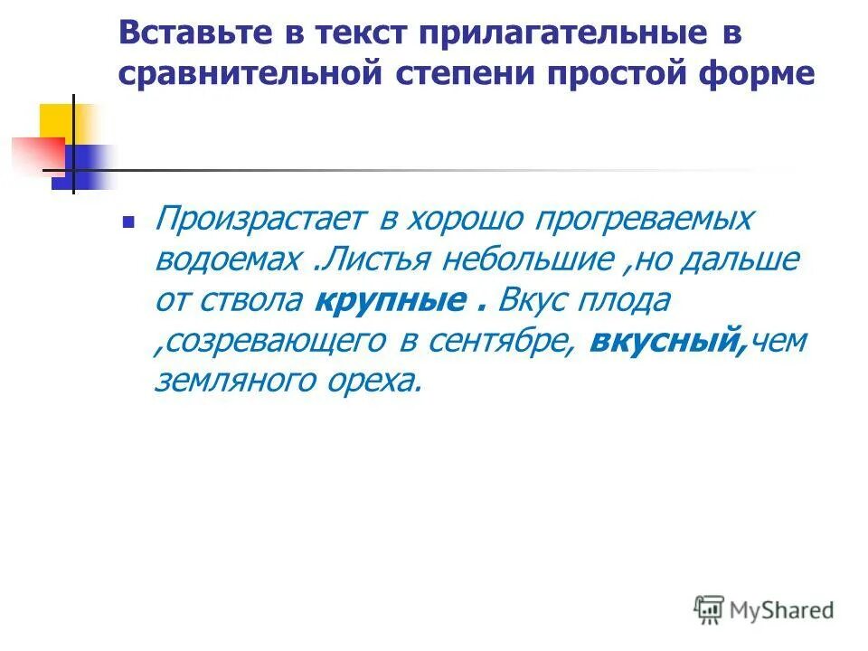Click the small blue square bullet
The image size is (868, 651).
coord(128,222)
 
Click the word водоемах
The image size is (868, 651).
coord(227,259)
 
